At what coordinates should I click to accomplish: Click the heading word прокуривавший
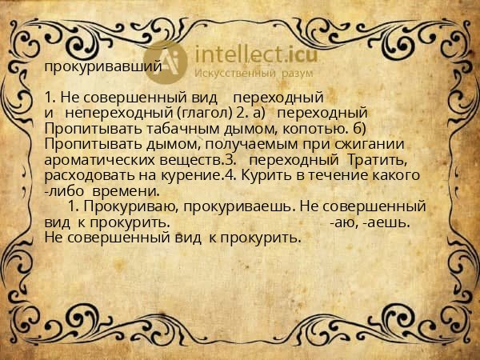coord(103,67)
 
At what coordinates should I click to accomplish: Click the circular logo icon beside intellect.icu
coord(166,59)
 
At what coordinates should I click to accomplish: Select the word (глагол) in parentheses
coord(199,112)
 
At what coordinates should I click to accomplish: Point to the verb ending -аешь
coord(389,222)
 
